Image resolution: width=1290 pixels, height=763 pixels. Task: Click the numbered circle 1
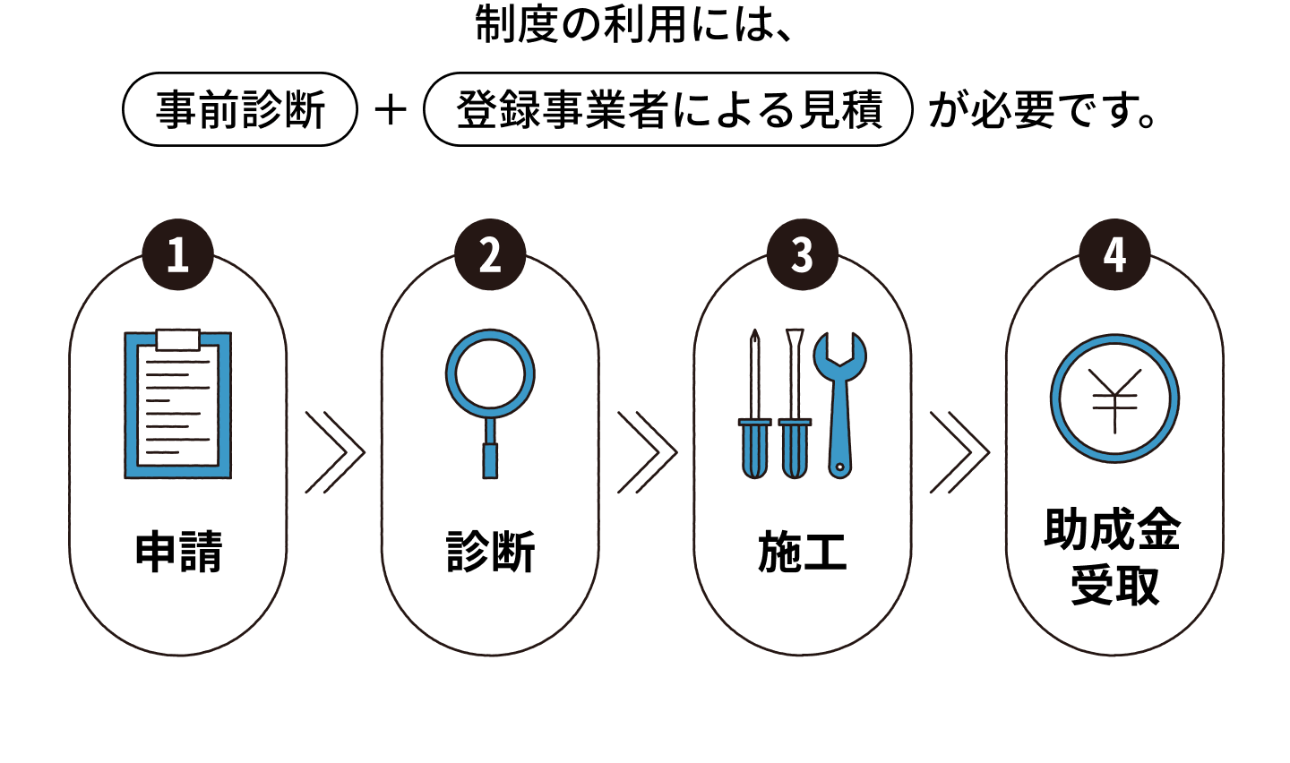pos(178,255)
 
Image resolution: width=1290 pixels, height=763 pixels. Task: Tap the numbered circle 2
pos(490,255)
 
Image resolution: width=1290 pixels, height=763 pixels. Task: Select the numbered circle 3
pos(802,255)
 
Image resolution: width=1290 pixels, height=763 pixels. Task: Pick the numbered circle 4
pos(1114,255)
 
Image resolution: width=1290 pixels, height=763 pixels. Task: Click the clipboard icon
pos(177,404)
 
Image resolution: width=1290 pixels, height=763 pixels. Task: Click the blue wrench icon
pos(839,403)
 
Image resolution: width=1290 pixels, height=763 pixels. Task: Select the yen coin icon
pos(1114,399)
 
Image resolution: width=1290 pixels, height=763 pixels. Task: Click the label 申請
pos(178,552)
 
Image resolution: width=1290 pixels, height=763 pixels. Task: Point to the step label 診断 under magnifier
pos(490,552)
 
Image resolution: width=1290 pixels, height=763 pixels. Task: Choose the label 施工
pos(802,552)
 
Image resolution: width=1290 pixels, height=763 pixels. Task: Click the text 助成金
pos(1113,529)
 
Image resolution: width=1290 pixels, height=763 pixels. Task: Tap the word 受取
pos(1114,586)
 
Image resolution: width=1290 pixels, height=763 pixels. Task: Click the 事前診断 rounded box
pos(240,110)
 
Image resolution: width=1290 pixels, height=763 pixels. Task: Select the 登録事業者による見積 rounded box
pos(668,110)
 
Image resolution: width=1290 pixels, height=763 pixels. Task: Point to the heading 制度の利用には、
pos(634,25)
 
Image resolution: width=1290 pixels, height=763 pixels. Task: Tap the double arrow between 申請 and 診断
pos(335,452)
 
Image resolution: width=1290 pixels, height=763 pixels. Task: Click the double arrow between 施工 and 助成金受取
pos(959,452)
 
